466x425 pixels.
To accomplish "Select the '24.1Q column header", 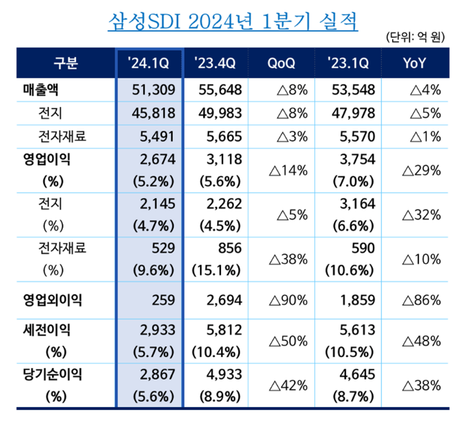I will pos(149,63).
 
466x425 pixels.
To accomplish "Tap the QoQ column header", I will pos(281,63).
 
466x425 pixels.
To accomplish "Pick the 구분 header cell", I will pos(64,63).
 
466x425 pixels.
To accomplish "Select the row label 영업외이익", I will pos(52,300).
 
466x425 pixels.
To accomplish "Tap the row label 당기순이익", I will pos(52,376).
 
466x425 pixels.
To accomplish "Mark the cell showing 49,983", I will pos(220,113).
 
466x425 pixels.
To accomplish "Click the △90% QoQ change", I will pos(287,300).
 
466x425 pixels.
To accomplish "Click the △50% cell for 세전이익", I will pos(287,341).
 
